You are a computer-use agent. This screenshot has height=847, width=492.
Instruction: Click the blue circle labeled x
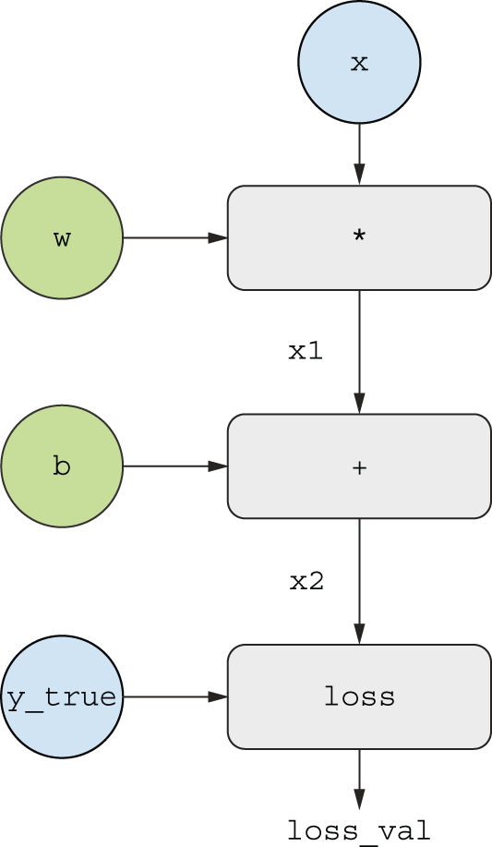click(x=359, y=62)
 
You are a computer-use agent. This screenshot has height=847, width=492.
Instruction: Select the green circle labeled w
click(x=62, y=237)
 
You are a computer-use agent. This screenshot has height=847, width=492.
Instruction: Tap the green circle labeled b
click(x=62, y=466)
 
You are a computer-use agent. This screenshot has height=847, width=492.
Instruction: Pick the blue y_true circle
click(x=62, y=696)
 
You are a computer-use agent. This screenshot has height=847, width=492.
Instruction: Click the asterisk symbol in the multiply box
click(x=359, y=236)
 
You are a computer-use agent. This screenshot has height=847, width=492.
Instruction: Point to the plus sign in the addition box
click(x=359, y=467)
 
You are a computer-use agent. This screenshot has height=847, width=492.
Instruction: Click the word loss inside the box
click(x=359, y=696)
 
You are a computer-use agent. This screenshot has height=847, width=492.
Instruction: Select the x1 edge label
click(x=306, y=351)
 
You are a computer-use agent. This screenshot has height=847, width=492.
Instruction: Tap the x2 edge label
click(x=306, y=581)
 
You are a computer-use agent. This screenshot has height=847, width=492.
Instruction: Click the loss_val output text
click(x=358, y=831)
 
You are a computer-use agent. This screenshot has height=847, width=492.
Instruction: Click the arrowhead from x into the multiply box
click(x=359, y=175)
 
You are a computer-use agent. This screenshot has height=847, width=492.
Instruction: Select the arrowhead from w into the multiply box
click(x=218, y=237)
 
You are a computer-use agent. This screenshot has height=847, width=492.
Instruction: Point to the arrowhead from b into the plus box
click(x=218, y=466)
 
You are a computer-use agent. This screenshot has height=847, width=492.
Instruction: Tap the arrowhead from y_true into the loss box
click(x=218, y=696)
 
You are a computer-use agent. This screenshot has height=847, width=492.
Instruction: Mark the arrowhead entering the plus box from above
click(x=359, y=404)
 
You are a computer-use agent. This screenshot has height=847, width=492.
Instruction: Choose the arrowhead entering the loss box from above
click(x=359, y=634)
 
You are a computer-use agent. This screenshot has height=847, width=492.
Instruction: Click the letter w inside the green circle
click(x=62, y=238)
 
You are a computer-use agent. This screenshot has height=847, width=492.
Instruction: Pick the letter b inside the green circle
click(x=62, y=466)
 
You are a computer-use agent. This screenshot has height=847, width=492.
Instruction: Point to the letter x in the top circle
click(x=359, y=64)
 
